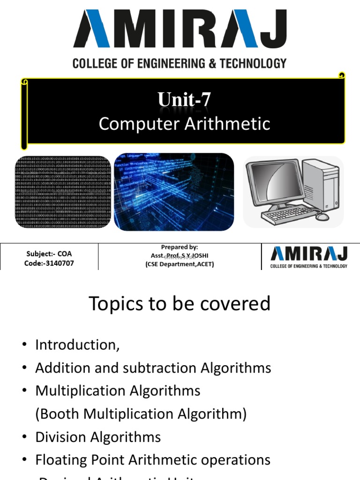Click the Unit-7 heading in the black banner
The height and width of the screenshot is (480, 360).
click(184, 99)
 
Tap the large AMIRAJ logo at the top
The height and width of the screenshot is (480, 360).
click(180, 30)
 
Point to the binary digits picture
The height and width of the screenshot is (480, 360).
click(63, 192)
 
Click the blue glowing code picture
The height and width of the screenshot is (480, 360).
click(174, 192)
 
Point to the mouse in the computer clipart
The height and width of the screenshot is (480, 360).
click(322, 217)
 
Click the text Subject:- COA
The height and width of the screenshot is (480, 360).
click(49, 254)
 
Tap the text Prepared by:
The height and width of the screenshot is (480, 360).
click(180, 247)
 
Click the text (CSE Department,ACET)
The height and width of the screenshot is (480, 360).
click(180, 264)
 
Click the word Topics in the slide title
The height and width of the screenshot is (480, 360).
click(115, 304)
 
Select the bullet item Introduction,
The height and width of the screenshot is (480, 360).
click(77, 345)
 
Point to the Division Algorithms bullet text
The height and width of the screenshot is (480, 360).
click(98, 437)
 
